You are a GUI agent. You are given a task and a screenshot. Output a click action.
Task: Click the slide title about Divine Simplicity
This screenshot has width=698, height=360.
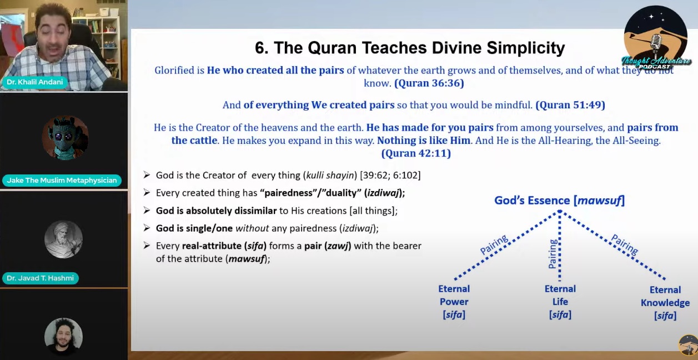pyautogui.click(x=410, y=48)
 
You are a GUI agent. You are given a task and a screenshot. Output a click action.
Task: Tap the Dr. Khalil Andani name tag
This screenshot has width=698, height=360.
pyautogui.click(x=34, y=82)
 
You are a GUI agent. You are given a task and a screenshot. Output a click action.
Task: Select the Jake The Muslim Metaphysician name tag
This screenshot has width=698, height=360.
pyautogui.click(x=62, y=180)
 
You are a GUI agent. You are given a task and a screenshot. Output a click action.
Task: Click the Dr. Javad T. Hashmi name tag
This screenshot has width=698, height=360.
pyautogui.click(x=40, y=278)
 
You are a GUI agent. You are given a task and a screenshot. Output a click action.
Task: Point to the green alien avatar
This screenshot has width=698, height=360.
pyautogui.click(x=65, y=138)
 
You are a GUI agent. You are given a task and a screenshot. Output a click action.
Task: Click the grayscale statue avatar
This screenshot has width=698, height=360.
pyautogui.click(x=63, y=239)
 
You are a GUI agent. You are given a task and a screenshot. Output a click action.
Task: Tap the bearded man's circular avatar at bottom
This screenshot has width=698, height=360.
pyautogui.click(x=63, y=337)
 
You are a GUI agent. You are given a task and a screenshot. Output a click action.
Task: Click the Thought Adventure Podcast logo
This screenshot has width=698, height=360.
pyautogui.click(x=656, y=37)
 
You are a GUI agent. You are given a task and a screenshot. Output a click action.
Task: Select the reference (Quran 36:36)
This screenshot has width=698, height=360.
pyautogui.click(x=429, y=83)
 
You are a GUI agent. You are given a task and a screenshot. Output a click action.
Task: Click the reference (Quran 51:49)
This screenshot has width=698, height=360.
pyautogui.click(x=570, y=105)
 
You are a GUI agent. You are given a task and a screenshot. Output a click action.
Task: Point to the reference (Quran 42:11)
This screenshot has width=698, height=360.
pyautogui.click(x=416, y=153)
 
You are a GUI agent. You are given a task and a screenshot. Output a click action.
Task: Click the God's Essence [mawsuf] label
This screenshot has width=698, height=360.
pyautogui.click(x=560, y=201)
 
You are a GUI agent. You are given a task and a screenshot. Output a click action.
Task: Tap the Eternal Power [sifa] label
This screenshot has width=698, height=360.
pyautogui.click(x=454, y=302)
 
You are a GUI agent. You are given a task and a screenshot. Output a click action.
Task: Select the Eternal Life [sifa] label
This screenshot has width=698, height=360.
pyautogui.click(x=560, y=302)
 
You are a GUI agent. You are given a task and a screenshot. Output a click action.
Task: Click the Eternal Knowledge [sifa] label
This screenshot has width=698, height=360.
pyautogui.click(x=665, y=303)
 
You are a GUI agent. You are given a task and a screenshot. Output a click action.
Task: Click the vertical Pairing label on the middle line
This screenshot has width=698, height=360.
pyautogui.click(x=553, y=254)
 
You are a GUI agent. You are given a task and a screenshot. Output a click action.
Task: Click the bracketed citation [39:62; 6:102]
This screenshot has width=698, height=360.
pyautogui.click(x=390, y=175)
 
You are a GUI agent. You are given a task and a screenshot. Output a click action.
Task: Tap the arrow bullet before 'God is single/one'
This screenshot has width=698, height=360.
pyautogui.click(x=147, y=228)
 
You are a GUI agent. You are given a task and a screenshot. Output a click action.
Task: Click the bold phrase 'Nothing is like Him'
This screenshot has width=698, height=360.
pyautogui.click(x=424, y=141)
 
